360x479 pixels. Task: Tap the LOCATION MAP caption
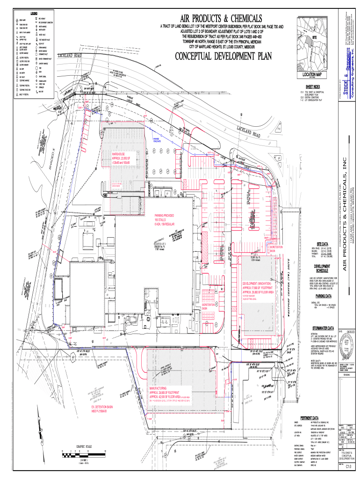pos(312,74)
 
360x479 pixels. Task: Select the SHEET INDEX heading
pos(313,87)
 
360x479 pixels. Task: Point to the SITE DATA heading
pos(323,244)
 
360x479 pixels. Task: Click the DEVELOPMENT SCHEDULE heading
pos(323,269)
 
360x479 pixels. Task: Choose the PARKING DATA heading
pos(323,296)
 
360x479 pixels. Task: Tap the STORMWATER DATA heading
pos(323,328)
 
